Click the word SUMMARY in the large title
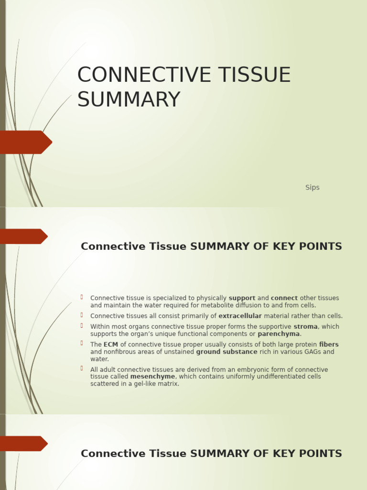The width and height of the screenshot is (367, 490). [x=129, y=100]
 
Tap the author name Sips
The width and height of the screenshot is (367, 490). [x=312, y=188]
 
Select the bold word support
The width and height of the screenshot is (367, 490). [x=242, y=298]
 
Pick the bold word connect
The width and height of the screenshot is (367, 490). [x=284, y=298]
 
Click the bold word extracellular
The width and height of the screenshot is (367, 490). [x=240, y=316]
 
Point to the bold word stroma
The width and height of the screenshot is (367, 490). [x=305, y=327]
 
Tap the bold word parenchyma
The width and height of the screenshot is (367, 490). [x=279, y=334]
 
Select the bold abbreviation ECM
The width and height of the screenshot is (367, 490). [x=111, y=345]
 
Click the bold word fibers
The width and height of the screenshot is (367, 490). [x=329, y=345]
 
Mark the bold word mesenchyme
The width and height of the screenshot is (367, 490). [x=152, y=377]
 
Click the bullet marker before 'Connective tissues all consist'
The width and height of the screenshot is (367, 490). [x=82, y=315]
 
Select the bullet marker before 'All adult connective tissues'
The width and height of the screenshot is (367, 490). [x=82, y=368]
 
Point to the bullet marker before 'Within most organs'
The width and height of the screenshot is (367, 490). [x=82, y=326]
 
